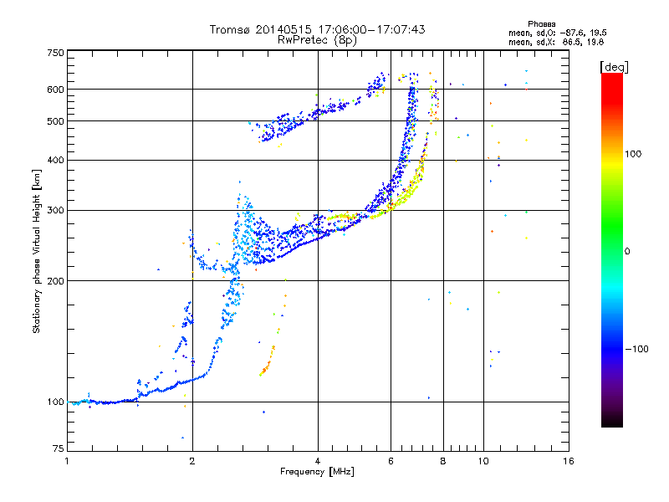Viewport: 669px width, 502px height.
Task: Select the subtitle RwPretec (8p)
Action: tap(317, 40)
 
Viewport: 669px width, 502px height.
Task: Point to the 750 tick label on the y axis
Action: tap(56, 53)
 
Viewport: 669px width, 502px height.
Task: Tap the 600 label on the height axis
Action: tap(56, 90)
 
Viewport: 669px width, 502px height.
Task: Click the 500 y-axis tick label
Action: tap(56, 121)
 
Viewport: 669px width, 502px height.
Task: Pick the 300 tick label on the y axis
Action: tap(56, 211)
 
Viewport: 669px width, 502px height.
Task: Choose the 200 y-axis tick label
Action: tap(56, 281)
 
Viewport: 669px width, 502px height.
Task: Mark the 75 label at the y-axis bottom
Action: tap(59, 448)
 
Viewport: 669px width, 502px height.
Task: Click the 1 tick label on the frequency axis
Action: tap(67, 461)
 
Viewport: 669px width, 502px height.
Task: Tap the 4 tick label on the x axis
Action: tap(318, 461)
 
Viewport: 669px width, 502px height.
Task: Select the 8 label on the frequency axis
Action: tap(443, 461)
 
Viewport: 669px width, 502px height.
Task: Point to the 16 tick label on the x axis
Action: tap(569, 461)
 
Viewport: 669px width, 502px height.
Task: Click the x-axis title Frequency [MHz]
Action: tap(317, 472)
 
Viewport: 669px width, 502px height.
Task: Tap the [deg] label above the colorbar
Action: tap(614, 67)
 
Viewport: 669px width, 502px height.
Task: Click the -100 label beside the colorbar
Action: tap(637, 349)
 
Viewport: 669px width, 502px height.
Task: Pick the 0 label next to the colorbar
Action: tap(627, 252)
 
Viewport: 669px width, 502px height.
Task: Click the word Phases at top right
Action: tap(541, 24)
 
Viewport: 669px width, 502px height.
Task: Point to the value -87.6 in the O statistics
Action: tap(572, 33)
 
